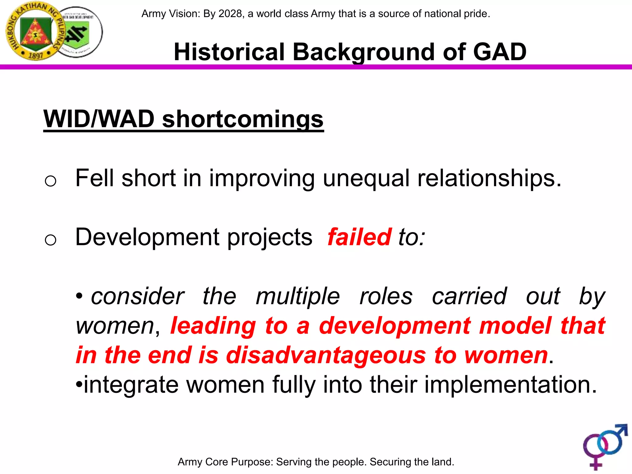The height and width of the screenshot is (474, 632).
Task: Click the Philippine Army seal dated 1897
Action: (35, 31)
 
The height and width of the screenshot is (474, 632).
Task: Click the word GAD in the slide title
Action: (500, 52)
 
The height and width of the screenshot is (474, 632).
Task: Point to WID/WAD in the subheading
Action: (99, 119)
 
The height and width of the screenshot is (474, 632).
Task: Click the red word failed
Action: (360, 237)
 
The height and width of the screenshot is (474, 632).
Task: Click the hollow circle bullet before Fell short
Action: (50, 181)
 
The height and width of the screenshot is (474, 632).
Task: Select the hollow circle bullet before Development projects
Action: (50, 240)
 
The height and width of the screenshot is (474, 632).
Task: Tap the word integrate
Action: (131, 385)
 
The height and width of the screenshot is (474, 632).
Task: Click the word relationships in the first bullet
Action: (489, 178)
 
